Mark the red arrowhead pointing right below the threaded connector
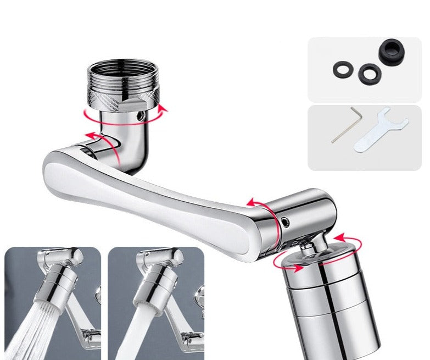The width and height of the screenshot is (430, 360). (161, 109)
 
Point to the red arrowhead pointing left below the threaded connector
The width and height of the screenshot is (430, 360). (87, 114)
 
